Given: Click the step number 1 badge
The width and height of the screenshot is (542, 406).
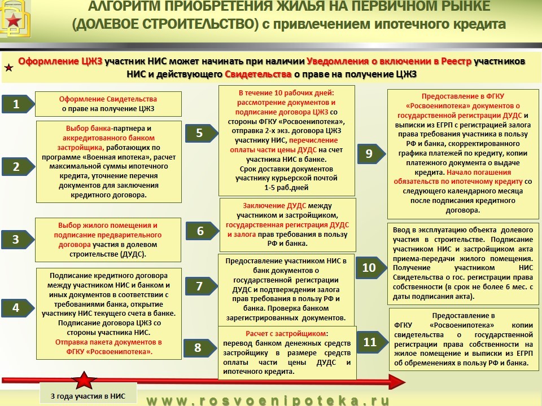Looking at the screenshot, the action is point(18,104).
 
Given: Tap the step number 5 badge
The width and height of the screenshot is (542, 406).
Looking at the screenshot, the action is point(202,133).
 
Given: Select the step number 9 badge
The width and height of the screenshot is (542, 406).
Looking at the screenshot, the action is point(371,153).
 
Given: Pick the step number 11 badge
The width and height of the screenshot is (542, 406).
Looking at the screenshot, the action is point(372,342).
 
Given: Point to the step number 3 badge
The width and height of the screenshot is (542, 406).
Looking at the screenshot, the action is point(18,239).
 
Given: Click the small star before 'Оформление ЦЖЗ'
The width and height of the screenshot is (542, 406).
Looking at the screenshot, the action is point(8,67).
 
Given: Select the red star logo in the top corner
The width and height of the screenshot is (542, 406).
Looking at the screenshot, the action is point(14,21).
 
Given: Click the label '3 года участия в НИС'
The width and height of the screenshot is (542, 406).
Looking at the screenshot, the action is point(88,396).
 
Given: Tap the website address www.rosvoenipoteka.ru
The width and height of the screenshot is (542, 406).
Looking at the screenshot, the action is point(268,400).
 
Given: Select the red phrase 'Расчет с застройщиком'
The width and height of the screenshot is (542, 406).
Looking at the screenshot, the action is point(286,333).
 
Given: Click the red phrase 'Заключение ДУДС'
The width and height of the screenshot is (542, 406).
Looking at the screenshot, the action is point(274,205).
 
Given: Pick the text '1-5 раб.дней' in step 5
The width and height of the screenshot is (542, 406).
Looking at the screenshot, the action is point(286,187).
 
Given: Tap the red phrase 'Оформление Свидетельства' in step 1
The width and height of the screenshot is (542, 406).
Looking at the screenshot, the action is point(108,99).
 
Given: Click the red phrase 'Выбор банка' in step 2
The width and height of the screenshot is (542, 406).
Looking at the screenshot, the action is point(89,129).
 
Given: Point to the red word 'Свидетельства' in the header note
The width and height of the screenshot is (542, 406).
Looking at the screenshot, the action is point(258,74).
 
